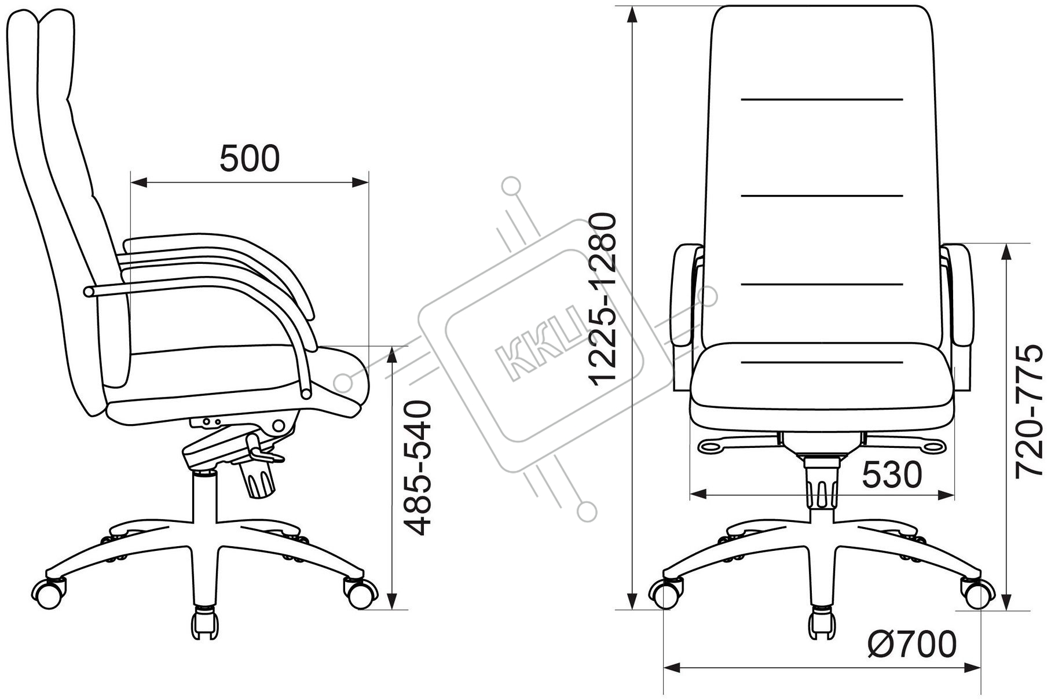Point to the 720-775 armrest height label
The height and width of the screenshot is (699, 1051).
pyautogui.click(x=1033, y=412)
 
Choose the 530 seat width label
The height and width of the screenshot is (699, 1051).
pyautogui.click(x=892, y=476)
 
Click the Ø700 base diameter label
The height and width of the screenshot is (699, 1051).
pyautogui.click(x=912, y=644)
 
